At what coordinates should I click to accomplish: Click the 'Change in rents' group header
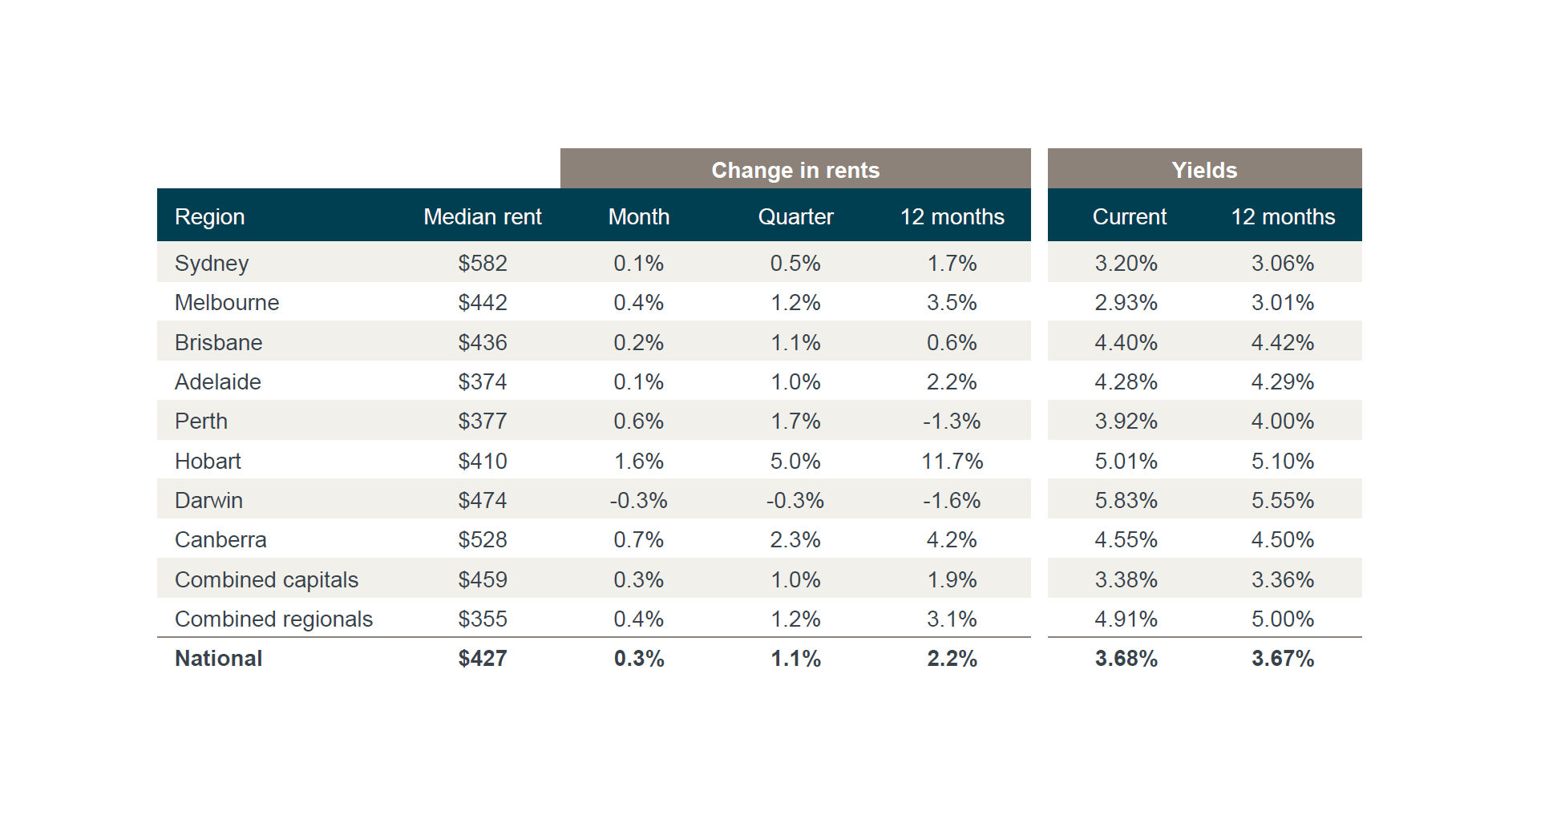[795, 170]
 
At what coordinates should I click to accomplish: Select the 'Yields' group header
[1204, 170]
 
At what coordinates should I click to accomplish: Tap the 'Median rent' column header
[483, 216]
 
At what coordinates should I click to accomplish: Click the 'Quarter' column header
[795, 216]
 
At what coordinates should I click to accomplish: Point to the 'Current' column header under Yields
[1129, 216]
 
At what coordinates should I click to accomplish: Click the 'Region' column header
[210, 217]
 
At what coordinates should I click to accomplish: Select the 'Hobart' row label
[208, 461]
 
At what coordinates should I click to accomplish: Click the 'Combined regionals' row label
[273, 619]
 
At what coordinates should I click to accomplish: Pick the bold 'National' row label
[218, 658]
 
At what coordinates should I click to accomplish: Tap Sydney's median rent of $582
[483, 263]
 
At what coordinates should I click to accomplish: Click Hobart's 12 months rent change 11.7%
[952, 461]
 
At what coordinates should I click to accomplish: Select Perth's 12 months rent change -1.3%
[952, 421]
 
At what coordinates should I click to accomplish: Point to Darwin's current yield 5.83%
[1126, 500]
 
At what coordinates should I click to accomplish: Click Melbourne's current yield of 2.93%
[1126, 302]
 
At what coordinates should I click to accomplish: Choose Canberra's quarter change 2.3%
[795, 539]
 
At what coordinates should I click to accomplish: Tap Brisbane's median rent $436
[483, 342]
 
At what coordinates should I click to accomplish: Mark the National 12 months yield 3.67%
[1283, 658]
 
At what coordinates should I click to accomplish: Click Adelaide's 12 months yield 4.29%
[1283, 381]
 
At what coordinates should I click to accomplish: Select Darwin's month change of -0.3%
[638, 500]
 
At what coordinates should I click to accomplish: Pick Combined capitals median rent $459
[483, 579]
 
